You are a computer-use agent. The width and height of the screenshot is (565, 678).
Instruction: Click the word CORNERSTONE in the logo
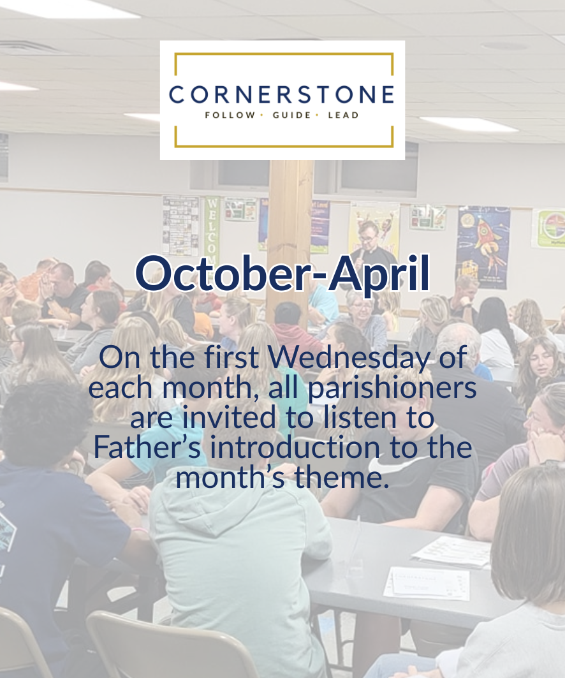point(281,94)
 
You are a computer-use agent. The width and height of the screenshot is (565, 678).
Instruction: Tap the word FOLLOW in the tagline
point(230,115)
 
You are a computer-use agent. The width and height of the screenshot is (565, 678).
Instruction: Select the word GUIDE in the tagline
point(292,115)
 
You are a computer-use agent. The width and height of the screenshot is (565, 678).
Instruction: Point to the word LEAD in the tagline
point(343,115)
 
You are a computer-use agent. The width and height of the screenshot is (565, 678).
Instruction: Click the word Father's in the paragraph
point(147,447)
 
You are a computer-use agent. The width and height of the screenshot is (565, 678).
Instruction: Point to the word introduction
point(295,447)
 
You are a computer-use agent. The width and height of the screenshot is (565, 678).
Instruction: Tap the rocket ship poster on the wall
point(483,247)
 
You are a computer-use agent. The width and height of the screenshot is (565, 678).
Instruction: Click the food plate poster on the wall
point(549,228)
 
